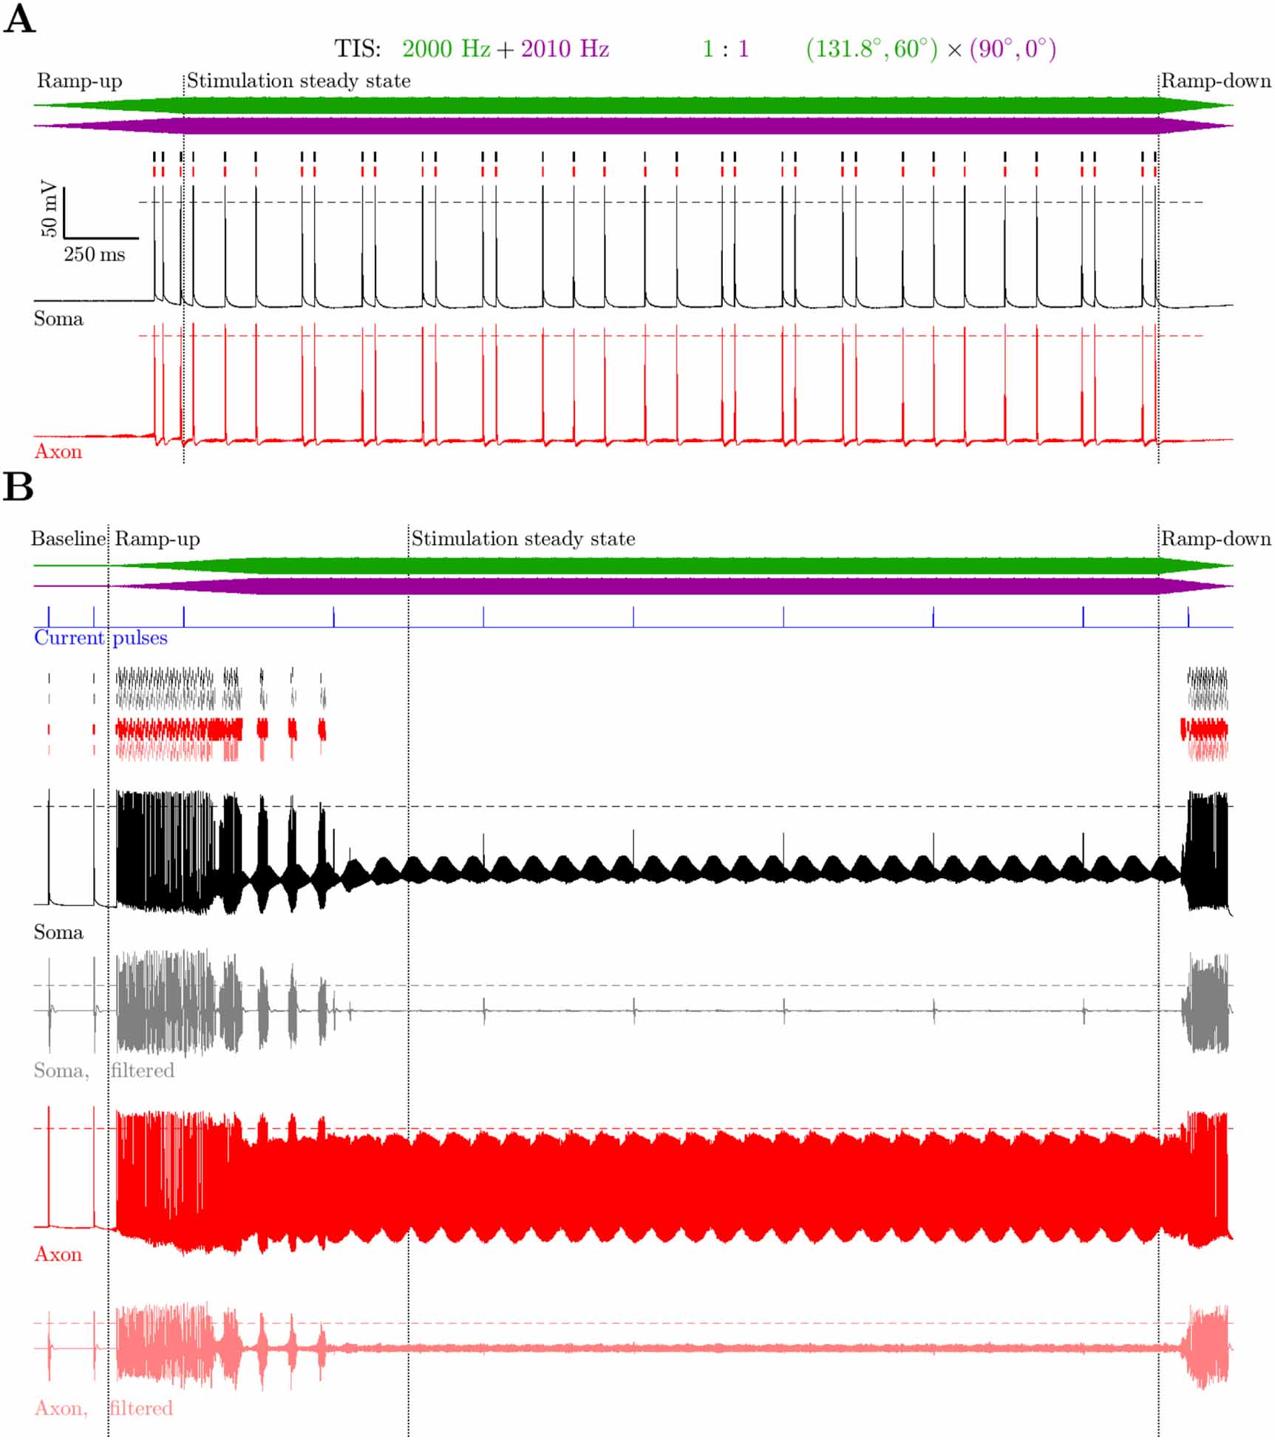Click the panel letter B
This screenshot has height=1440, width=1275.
point(18,487)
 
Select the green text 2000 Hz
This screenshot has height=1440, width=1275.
point(446,49)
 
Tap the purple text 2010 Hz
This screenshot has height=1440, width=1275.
point(565,49)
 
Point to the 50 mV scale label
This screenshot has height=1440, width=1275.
point(49,208)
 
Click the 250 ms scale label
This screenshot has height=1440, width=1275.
point(94,255)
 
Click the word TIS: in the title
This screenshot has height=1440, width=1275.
point(358,49)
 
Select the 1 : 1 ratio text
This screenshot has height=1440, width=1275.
point(725,49)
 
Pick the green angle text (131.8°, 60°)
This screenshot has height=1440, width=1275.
point(871,49)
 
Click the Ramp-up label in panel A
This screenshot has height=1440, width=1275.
point(79,81)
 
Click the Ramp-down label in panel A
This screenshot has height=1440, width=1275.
point(1216,81)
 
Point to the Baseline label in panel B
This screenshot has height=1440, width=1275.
point(68,539)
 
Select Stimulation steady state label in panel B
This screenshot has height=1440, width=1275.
point(523,539)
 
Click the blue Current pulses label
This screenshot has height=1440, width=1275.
point(101,638)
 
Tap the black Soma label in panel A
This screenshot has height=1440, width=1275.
point(58,319)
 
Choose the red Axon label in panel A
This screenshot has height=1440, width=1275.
point(58,452)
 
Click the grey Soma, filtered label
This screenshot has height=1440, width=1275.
point(103,1070)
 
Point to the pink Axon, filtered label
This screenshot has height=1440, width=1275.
point(103,1408)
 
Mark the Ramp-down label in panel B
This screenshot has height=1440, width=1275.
point(1216,539)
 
